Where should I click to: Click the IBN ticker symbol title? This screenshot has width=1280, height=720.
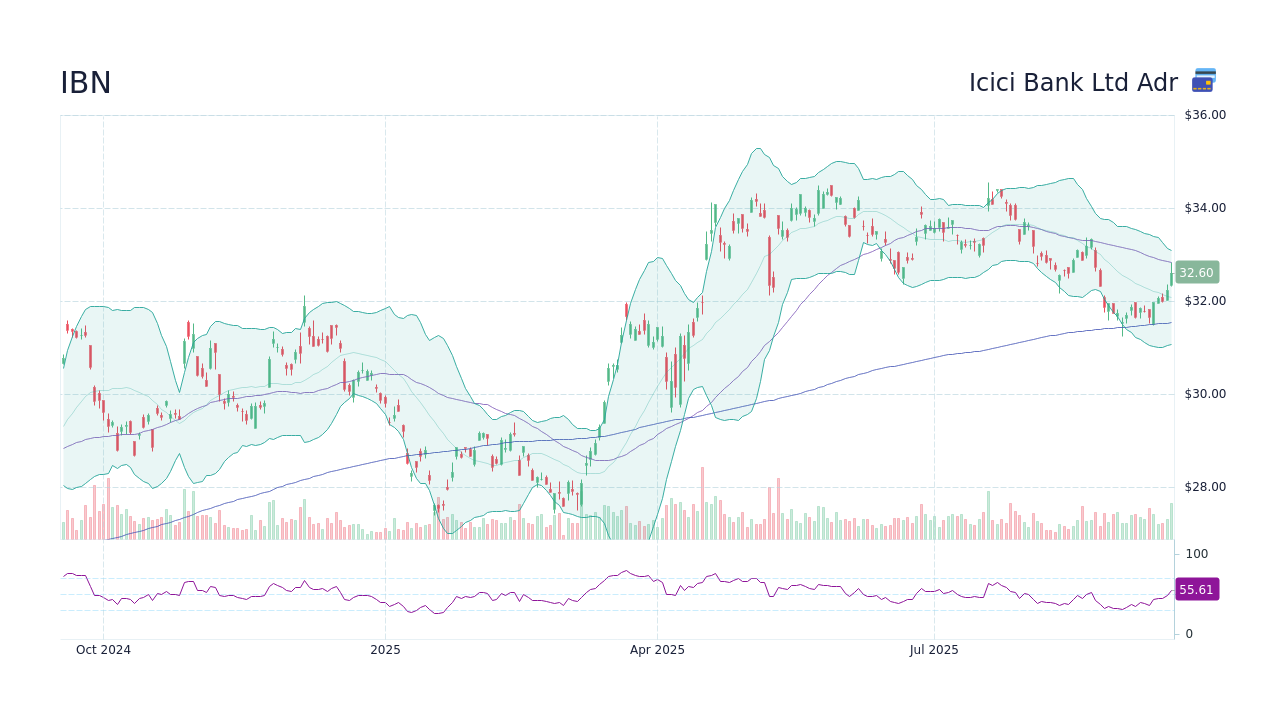[x=86, y=83]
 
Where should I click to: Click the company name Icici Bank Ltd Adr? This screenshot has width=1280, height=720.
[x=1073, y=83]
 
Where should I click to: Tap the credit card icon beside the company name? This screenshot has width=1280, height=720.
[x=1204, y=81]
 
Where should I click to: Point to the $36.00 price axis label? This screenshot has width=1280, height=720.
[x=1205, y=115]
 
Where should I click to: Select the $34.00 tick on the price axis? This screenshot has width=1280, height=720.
[x=1205, y=208]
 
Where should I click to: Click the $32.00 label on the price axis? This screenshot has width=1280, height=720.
[x=1205, y=301]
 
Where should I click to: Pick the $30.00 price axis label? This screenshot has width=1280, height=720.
[x=1205, y=394]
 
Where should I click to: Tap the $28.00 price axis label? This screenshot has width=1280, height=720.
[x=1205, y=487]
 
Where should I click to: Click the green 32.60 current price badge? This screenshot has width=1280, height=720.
[x=1196, y=272]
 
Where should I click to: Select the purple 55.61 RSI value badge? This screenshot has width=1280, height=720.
[x=1196, y=590]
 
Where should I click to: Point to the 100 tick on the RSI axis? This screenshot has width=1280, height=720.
[x=1197, y=554]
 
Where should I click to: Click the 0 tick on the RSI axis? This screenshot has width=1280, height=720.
[x=1189, y=634]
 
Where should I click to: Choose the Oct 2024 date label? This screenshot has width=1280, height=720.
[x=103, y=650]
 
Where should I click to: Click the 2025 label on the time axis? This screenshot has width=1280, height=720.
[x=385, y=650]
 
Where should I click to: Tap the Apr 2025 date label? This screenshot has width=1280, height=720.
[x=657, y=650]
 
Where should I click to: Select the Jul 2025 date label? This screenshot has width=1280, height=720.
[x=934, y=650]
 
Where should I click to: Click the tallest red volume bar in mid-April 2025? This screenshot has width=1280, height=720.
[x=702, y=504]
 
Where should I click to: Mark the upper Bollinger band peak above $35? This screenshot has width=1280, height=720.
[x=758, y=149]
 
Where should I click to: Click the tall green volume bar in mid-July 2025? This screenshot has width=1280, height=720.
[x=988, y=515]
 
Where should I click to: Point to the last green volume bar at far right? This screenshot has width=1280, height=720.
[x=1171, y=521]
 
